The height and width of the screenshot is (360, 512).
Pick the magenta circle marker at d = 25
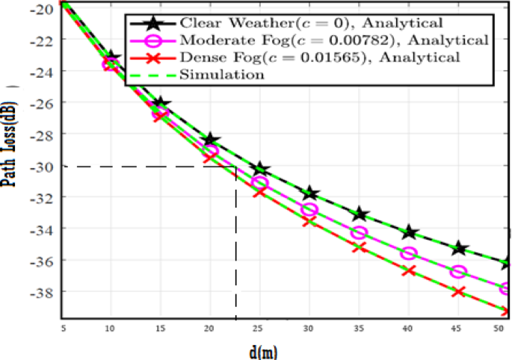260,183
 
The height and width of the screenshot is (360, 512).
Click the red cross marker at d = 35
360,246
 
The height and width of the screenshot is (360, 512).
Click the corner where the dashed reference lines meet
236,167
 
